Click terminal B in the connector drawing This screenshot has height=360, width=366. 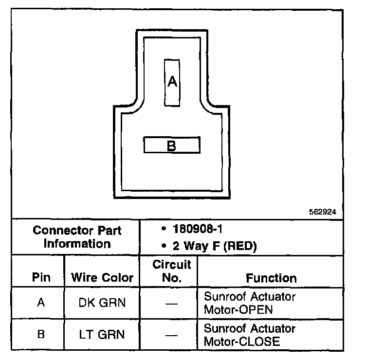pos(171,145)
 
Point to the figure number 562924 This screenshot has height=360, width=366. pos(323,212)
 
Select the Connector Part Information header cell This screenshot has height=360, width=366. pos(77,236)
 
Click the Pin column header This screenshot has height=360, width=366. pos(41,278)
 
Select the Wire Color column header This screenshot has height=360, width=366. pos(102,278)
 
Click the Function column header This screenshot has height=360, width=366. pos(271,278)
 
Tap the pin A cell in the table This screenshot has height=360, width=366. pos(41,303)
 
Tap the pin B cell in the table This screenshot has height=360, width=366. pos(41,334)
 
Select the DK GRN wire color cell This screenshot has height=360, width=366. pos(102,303)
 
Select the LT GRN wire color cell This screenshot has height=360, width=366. pos(102,334)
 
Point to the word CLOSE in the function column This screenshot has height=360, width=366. pos(260,341)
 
